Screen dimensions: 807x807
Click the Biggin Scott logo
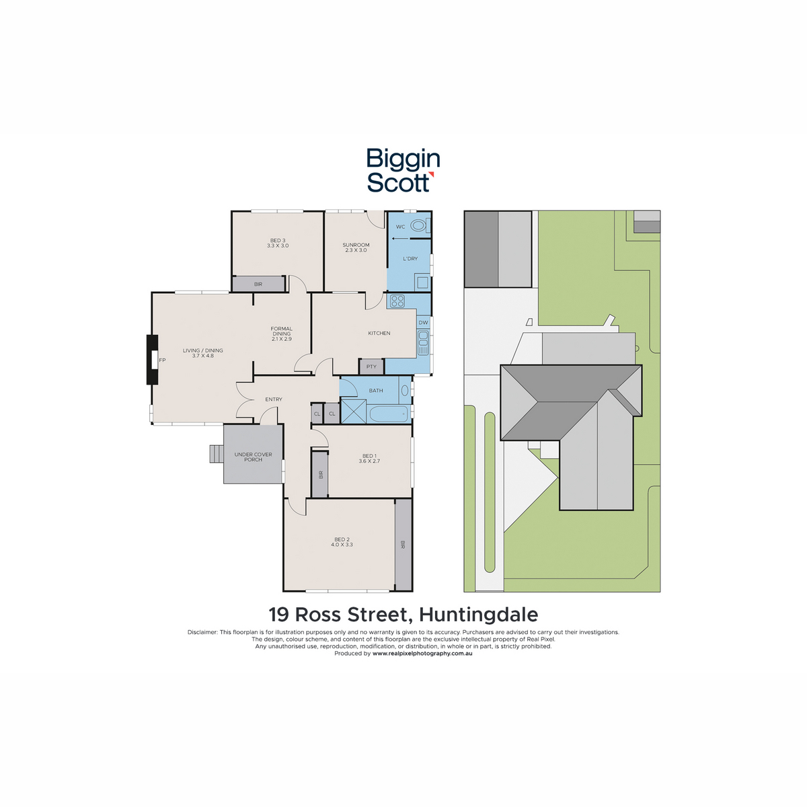pyautogui.click(x=403, y=170)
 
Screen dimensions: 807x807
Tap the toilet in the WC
pyautogui.click(x=418, y=226)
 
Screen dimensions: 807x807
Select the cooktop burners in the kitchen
pyautogui.click(x=397, y=301)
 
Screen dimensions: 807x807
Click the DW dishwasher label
pyautogui.click(x=424, y=323)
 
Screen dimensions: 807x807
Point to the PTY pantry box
pyautogui.click(x=371, y=367)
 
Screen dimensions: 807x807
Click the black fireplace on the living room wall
pyautogui.click(x=152, y=360)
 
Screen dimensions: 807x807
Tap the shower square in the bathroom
pyautogui.click(x=354, y=411)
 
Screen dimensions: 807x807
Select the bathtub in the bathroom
pyautogui.click(x=389, y=414)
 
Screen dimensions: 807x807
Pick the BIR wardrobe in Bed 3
pyautogui.click(x=258, y=284)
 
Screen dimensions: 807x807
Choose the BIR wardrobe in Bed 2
pyautogui.click(x=403, y=545)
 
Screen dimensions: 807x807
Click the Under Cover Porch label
pyautogui.click(x=253, y=457)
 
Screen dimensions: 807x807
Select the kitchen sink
pyautogui.click(x=423, y=342)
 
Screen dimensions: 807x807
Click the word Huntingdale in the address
pyautogui.click(x=478, y=615)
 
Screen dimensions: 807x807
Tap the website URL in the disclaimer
pyautogui.click(x=422, y=653)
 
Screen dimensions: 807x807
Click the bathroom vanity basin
pyautogui.click(x=405, y=390)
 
